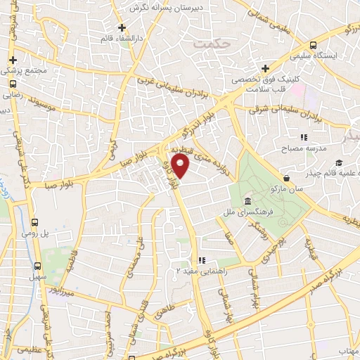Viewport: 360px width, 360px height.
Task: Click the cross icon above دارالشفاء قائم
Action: (122, 27)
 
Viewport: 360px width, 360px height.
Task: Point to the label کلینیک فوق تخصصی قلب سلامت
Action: (264, 84)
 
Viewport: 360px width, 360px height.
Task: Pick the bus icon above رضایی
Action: (13, 82)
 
